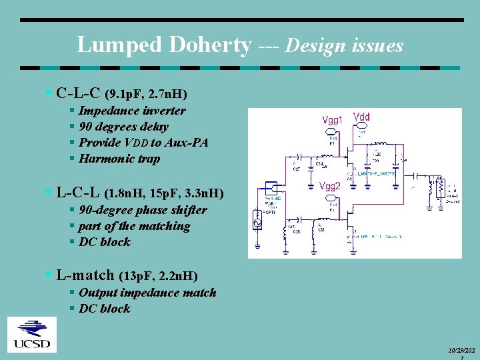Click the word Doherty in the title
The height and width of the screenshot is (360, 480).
(x=211, y=45)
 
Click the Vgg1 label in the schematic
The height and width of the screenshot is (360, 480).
(x=333, y=120)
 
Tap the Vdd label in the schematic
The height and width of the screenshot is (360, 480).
(x=361, y=117)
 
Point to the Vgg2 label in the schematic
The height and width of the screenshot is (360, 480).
(x=331, y=187)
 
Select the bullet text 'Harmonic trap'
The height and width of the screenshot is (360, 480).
(x=119, y=159)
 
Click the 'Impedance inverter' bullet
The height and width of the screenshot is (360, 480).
(x=132, y=111)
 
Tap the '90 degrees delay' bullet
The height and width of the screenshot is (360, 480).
(x=123, y=127)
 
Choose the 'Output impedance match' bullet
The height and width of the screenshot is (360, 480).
(x=147, y=293)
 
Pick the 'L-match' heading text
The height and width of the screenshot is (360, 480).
(x=86, y=274)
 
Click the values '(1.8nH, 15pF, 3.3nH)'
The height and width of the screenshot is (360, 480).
(x=163, y=194)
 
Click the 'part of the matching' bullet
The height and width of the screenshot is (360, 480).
(x=134, y=226)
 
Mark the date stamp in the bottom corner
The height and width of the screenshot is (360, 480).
(x=463, y=351)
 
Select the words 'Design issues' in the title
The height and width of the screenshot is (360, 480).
(x=344, y=45)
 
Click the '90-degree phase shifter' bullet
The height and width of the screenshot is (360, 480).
(x=143, y=210)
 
